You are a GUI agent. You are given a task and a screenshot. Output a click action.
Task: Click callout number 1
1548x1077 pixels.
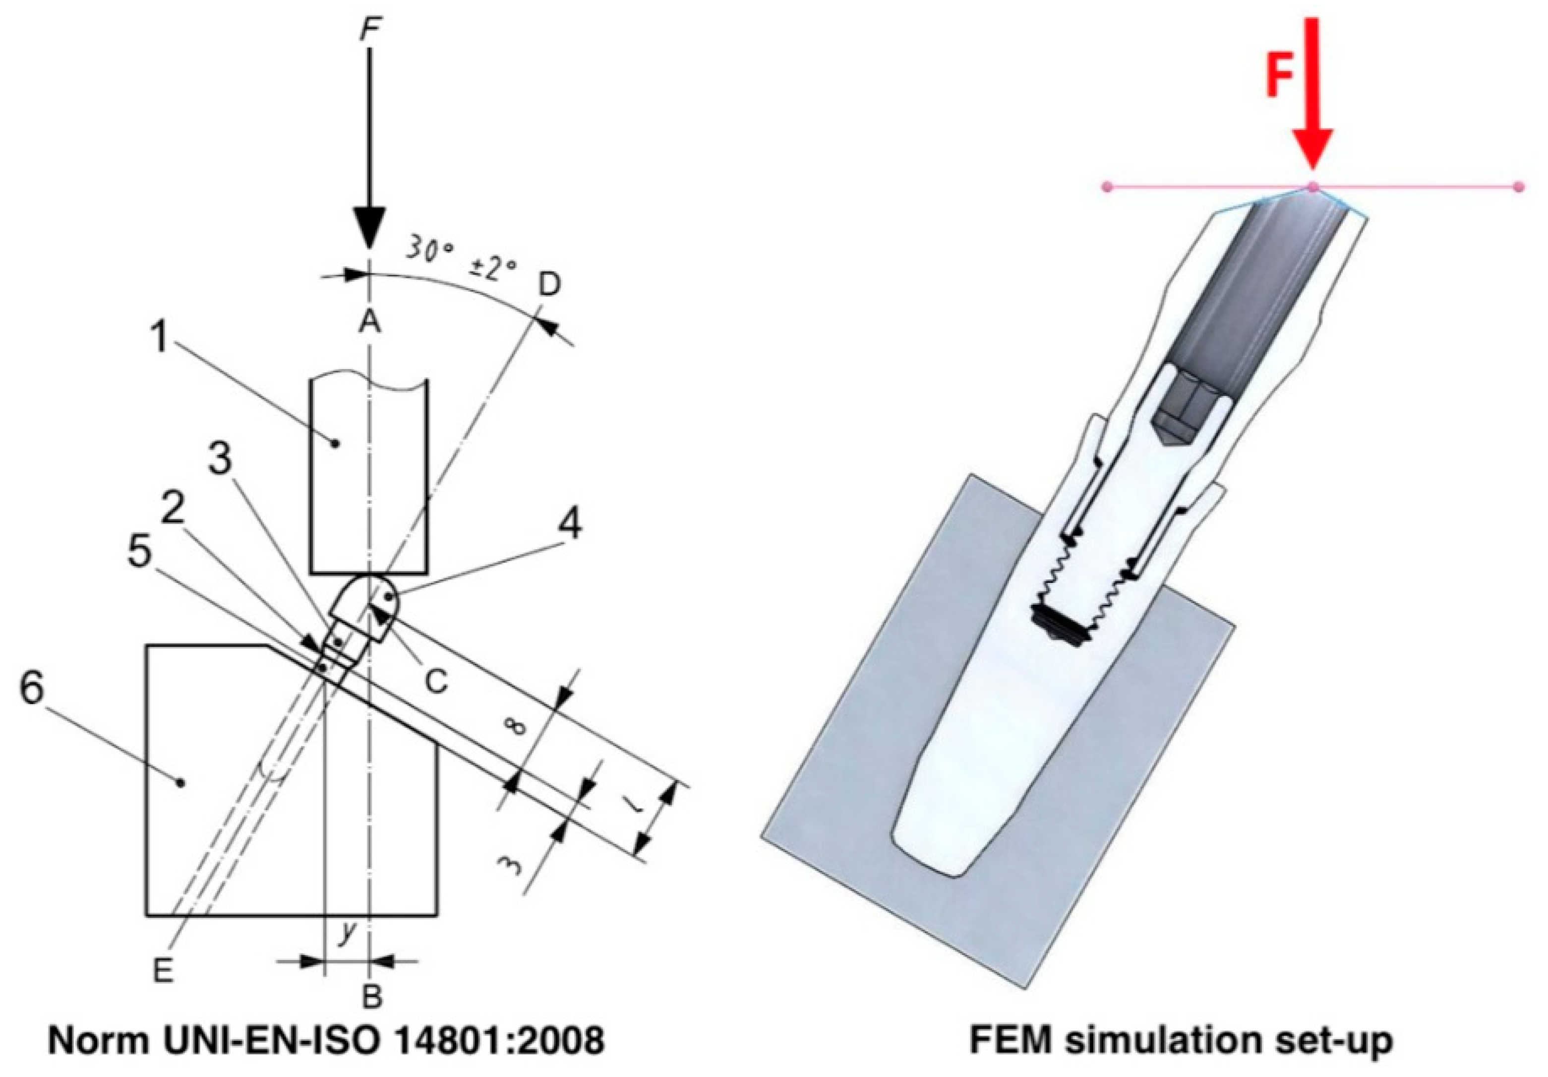coord(159,335)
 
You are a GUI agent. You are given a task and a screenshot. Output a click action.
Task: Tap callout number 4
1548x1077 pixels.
coord(570,523)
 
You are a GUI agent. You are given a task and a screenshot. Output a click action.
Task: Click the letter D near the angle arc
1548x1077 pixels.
coord(549,285)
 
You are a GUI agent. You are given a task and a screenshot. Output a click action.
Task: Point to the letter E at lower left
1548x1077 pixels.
coord(163,971)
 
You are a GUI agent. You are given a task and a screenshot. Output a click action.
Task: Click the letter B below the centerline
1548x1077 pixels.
coord(372,996)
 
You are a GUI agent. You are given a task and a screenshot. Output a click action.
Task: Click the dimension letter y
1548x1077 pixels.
coord(347,933)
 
